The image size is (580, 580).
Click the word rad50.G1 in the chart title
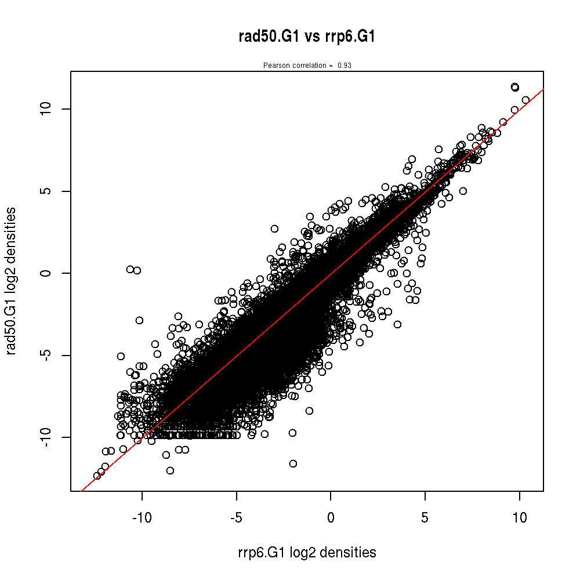tap(269, 37)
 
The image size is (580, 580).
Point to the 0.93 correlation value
tap(345, 66)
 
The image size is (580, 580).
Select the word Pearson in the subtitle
tap(275, 66)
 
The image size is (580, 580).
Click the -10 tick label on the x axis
tap(142, 518)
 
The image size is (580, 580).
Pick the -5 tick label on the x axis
tap(236, 518)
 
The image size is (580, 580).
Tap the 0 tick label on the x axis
tap(331, 518)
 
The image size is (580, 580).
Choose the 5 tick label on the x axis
tap(425, 518)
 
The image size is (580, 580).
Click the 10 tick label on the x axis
tap(520, 518)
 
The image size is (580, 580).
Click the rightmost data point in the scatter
tap(525, 100)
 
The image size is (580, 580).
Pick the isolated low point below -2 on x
tap(293, 463)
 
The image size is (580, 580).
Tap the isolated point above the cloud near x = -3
tap(274, 229)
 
